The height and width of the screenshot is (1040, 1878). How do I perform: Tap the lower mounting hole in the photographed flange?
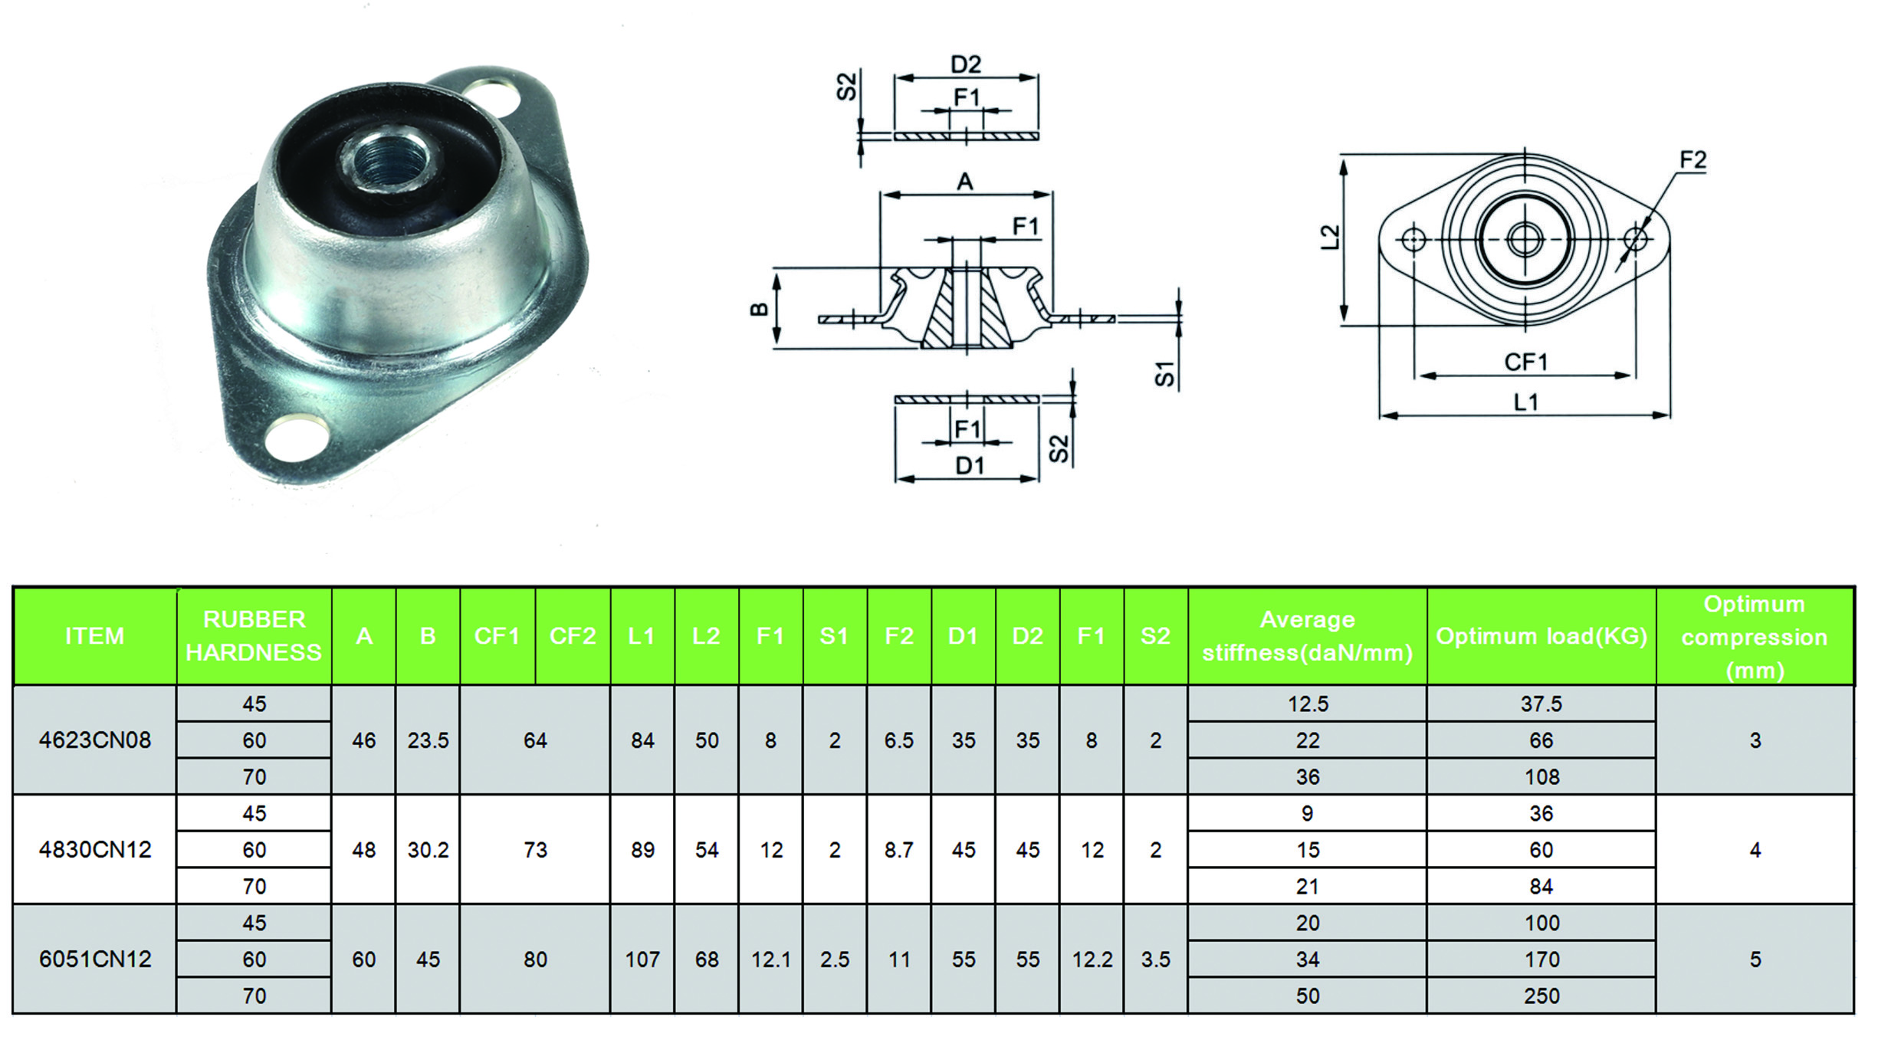click(x=294, y=438)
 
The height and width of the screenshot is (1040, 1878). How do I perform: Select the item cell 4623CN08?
click(x=95, y=740)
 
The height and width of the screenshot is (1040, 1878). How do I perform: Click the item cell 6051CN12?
click(x=95, y=960)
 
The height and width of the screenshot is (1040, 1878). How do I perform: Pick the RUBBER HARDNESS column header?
click(x=254, y=636)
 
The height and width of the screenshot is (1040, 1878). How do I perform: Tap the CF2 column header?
click(x=573, y=636)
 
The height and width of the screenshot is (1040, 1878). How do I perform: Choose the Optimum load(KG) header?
click(x=1541, y=636)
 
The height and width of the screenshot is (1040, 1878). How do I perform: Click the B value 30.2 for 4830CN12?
click(x=428, y=850)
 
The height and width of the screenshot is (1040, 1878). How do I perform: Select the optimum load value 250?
click(x=1541, y=996)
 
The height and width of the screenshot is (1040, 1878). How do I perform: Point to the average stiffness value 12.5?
click(x=1308, y=704)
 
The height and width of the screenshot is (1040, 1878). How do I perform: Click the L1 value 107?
click(x=642, y=960)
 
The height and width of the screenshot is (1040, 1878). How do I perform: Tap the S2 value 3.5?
click(x=1155, y=960)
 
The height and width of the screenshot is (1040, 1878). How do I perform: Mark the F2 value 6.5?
click(x=898, y=740)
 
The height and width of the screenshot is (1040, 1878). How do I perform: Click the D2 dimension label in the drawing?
click(x=966, y=64)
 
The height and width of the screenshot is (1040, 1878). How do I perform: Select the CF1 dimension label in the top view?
click(x=1526, y=362)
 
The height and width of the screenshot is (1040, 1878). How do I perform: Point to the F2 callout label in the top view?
click(x=1692, y=159)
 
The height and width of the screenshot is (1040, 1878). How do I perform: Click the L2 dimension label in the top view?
click(x=1331, y=237)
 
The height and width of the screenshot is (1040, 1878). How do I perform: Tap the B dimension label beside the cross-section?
click(x=758, y=310)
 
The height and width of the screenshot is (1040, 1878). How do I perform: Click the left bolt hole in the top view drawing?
click(x=1413, y=240)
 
